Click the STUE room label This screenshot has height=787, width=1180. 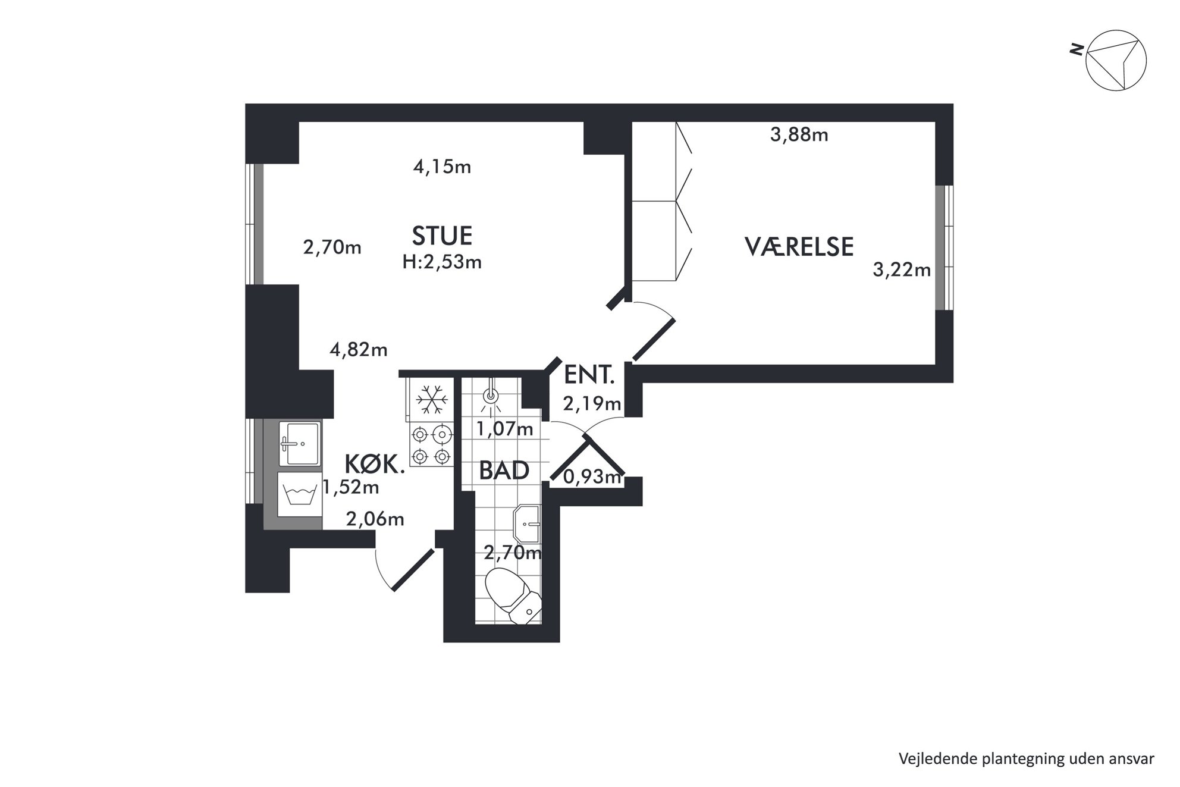point(442,236)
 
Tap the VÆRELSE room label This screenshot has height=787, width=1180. point(799,246)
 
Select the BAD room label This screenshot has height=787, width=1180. point(504,471)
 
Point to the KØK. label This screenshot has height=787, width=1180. point(375,463)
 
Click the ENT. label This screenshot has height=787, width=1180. point(589,375)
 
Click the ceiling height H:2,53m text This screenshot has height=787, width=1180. point(442,262)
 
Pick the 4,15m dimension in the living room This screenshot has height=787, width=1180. point(442,167)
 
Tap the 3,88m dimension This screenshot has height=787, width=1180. point(799,135)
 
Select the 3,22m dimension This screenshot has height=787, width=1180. point(901,270)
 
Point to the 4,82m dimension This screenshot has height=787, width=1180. point(358,349)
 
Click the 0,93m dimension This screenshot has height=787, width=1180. point(592,476)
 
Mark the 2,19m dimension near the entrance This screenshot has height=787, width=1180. point(592,404)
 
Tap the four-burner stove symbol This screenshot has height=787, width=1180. point(431,445)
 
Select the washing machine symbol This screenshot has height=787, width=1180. point(300,495)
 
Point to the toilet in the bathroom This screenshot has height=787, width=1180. point(513,595)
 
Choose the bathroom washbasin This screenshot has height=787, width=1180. point(528,524)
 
